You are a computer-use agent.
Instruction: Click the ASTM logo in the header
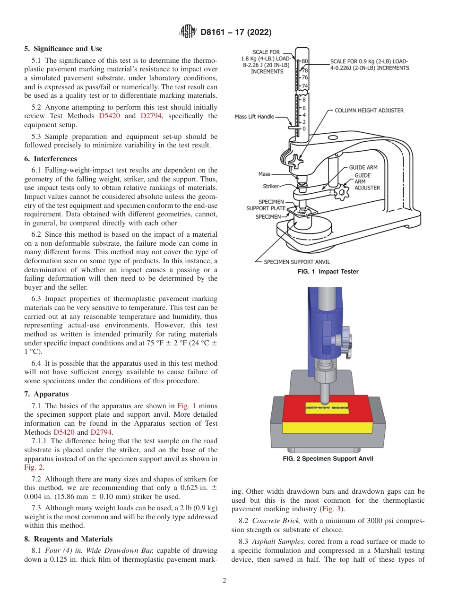(x=189, y=32)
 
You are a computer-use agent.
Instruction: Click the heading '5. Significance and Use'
(x=63, y=49)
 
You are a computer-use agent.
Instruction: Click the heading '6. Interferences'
(x=51, y=159)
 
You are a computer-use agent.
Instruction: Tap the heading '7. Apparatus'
(x=46, y=394)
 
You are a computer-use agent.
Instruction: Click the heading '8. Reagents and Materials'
(x=68, y=539)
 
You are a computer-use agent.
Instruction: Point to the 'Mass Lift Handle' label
(x=254, y=117)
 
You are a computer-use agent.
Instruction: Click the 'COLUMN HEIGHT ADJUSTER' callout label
(x=369, y=111)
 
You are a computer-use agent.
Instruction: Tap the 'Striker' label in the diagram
(x=271, y=187)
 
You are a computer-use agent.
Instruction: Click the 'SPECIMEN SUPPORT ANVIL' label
(x=297, y=262)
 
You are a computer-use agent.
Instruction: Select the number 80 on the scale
(x=305, y=61)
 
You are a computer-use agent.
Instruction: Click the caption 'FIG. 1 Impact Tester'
(x=328, y=272)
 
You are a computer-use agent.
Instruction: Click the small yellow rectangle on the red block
(x=326, y=407)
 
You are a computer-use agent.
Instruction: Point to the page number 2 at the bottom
(x=224, y=581)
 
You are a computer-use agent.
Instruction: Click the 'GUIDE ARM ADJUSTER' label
(x=367, y=181)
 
